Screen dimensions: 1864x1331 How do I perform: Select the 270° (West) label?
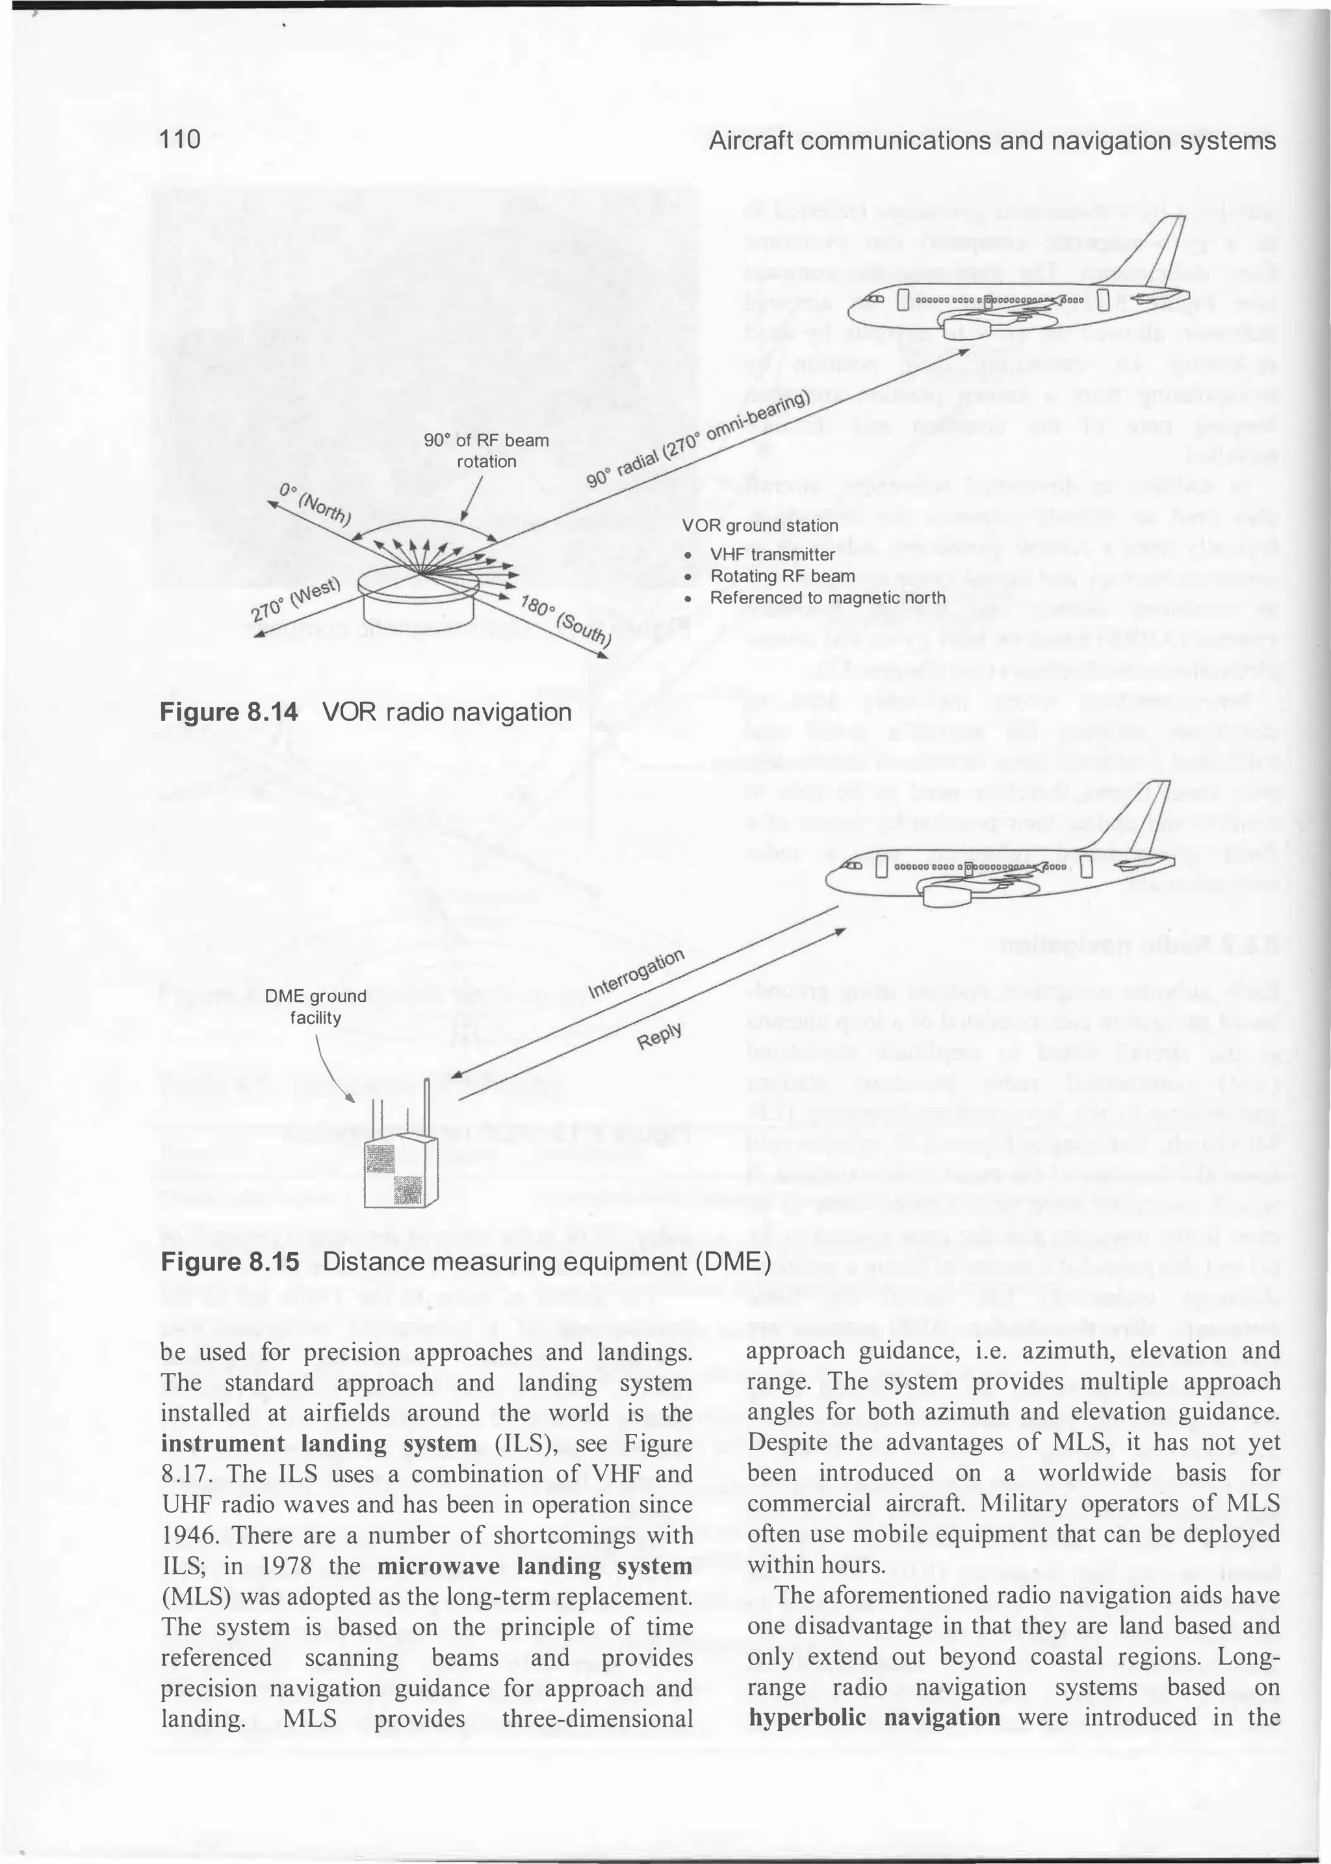pos(295,600)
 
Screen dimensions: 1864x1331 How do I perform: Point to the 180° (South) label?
pos(565,621)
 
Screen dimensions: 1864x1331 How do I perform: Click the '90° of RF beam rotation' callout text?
pos(486,451)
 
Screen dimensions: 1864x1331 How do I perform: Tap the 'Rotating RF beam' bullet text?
pos(782,576)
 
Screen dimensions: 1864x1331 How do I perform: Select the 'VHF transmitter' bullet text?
pos(772,555)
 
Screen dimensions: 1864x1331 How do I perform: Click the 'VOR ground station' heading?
pos(760,525)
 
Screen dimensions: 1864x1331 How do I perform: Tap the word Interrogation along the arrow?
pos(636,975)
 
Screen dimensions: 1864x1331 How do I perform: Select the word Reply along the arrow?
pos(660,1036)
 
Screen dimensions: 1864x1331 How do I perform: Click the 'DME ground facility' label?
pos(316,1007)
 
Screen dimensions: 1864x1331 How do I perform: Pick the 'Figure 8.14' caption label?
pos(229,712)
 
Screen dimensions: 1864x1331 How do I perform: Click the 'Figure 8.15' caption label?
pos(229,1262)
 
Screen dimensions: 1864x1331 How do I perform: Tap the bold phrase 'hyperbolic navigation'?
pos(873,1717)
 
